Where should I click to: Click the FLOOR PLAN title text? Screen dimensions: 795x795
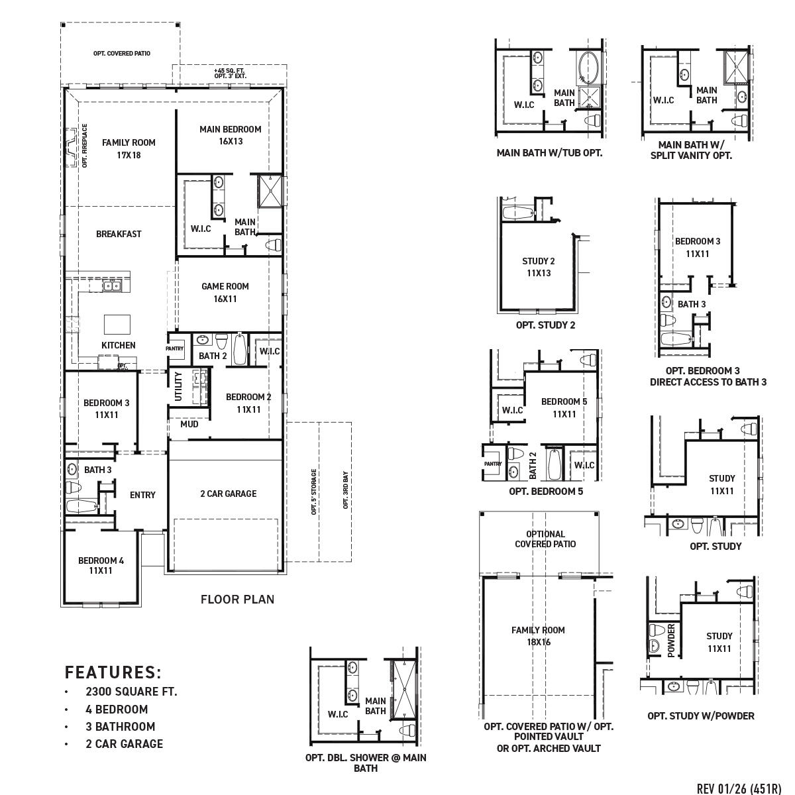click(237, 600)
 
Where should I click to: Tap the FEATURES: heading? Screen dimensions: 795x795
click(113, 672)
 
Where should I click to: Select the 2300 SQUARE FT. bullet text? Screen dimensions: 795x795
click(131, 692)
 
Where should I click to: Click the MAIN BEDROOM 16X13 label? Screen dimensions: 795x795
click(230, 135)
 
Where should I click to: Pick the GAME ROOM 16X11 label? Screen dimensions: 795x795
click(225, 292)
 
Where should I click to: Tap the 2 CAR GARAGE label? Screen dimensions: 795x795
click(228, 494)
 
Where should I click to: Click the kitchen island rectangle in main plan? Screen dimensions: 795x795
click(117, 325)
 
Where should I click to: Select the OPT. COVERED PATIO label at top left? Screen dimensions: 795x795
click(121, 53)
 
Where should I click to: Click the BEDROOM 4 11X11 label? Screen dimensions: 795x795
click(101, 565)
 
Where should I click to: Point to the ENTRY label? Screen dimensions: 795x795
click(142, 495)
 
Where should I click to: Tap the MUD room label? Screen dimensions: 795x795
click(189, 424)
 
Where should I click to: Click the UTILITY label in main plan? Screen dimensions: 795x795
click(178, 386)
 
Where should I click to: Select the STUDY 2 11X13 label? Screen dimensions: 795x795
click(539, 267)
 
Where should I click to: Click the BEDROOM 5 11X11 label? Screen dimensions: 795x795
click(564, 407)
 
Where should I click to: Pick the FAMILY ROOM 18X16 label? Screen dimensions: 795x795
click(538, 636)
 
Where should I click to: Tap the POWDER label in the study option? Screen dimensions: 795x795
click(670, 640)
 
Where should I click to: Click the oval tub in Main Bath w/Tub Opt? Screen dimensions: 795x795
click(589, 68)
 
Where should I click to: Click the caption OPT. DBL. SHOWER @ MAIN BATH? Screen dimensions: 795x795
click(365, 763)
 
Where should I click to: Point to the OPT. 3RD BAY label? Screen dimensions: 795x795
click(345, 490)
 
